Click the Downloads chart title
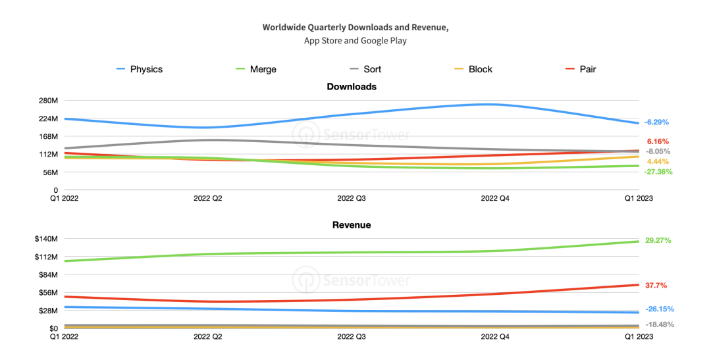[352, 87]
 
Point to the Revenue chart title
[352, 225]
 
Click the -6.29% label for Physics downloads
[656, 122]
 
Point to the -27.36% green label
[658, 172]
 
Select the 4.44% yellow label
[658, 162]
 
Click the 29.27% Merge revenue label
[658, 241]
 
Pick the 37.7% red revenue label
[656, 286]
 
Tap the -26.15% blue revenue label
[659, 309]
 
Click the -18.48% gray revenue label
[659, 324]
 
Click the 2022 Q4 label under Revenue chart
[494, 336]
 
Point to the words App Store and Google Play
[355, 41]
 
